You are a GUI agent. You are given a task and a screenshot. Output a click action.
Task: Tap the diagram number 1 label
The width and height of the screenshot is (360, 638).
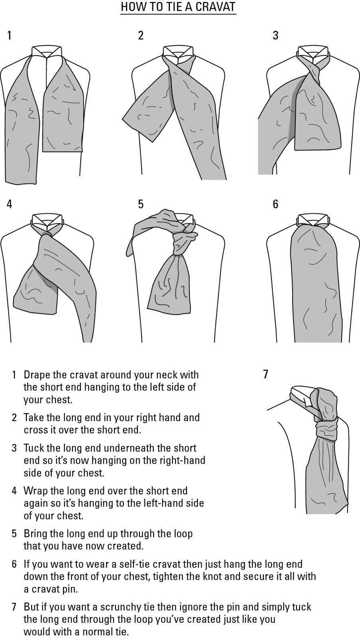coord(10,35)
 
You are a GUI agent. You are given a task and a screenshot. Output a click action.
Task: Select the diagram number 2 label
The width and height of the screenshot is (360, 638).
coord(141,35)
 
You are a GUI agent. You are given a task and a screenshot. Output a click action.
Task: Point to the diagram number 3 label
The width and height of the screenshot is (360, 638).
coord(275,35)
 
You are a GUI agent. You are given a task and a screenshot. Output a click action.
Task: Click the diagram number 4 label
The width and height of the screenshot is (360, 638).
coord(10,204)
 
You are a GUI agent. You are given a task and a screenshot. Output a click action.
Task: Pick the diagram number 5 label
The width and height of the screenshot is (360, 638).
coord(141,204)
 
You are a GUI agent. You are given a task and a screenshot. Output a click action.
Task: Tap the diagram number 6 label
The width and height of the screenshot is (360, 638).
coord(275,204)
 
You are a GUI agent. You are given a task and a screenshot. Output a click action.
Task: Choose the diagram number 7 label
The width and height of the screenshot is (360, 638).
coord(266,374)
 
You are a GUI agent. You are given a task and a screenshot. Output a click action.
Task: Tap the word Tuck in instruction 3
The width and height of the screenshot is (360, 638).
coord(33,448)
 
